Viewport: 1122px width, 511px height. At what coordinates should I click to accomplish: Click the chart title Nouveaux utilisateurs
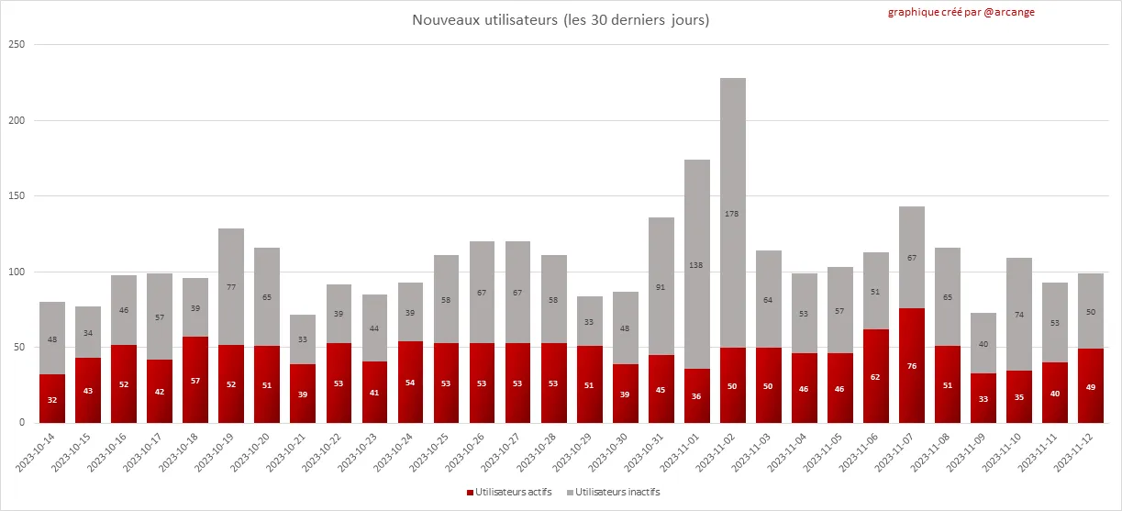[x=561, y=20]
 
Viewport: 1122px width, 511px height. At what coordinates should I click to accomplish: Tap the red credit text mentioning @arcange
[x=961, y=13]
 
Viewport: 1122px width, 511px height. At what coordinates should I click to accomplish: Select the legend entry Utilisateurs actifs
[x=513, y=493]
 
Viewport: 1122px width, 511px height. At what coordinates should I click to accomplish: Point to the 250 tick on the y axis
[x=17, y=45]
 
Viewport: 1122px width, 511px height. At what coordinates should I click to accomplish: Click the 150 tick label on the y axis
[x=17, y=196]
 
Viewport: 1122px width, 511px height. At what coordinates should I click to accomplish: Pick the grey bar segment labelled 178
[x=732, y=213]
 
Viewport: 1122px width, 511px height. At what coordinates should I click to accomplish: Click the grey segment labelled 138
[x=696, y=264]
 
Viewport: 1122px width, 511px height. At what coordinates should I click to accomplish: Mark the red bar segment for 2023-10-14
[x=51, y=399]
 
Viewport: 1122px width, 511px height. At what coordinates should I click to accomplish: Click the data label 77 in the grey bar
[x=230, y=287]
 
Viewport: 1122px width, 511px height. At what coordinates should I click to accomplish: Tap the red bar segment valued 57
[x=194, y=380]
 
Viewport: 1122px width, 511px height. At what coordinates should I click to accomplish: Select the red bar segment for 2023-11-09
[x=983, y=398]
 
